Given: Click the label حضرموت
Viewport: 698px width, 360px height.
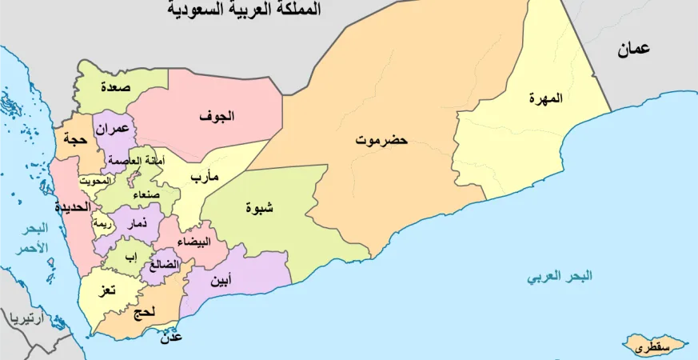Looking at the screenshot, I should pos(381,140).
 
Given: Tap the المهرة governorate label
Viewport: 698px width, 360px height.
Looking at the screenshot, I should pos(545,98).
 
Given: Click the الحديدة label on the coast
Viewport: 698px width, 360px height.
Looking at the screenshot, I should pos(71,206).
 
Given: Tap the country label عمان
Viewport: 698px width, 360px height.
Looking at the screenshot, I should pos(632,50).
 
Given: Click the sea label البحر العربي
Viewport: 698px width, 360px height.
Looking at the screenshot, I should pos(560,278).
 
